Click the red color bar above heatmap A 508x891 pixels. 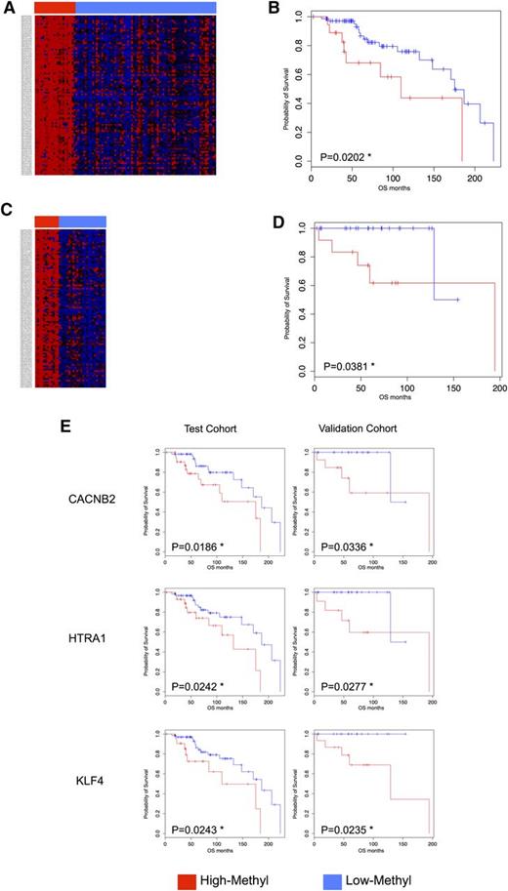(54, 7)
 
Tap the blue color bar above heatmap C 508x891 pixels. (82, 222)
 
